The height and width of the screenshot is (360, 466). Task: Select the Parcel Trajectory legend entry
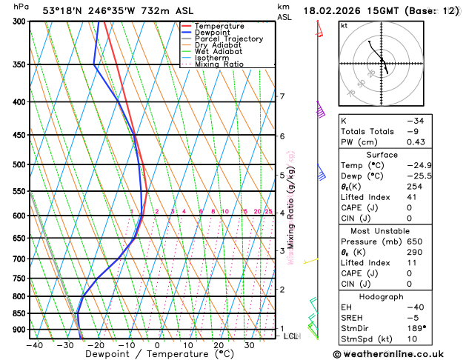pyautogui.click(x=228, y=39)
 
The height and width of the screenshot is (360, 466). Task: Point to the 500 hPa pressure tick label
pyautogui.click(x=19, y=164)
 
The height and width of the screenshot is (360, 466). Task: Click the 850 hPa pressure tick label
pyautogui.click(x=19, y=313)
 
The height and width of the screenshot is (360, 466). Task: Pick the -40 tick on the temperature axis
pyautogui.click(x=33, y=344)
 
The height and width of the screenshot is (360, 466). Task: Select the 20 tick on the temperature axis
pyautogui.click(x=219, y=344)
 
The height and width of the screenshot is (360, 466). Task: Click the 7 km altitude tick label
pyautogui.click(x=282, y=96)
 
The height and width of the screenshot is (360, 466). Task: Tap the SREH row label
pyautogui.click(x=354, y=317)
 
